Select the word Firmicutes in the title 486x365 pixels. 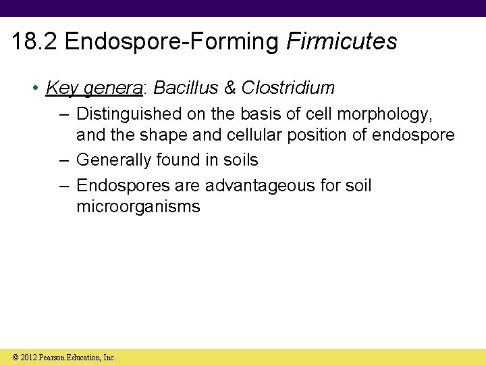(342, 42)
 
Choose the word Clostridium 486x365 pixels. (288, 88)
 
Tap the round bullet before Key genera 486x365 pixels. (35, 89)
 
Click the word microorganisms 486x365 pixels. (138, 206)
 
